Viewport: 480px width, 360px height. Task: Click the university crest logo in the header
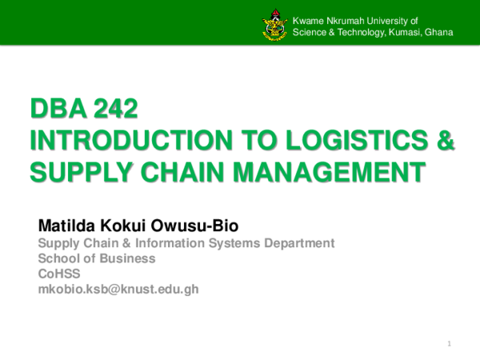point(274,26)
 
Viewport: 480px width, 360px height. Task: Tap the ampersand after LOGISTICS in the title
point(445,141)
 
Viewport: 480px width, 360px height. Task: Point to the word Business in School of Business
point(129,258)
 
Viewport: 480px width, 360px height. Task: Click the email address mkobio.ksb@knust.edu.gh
point(118,289)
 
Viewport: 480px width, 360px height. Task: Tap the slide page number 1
point(450,344)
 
